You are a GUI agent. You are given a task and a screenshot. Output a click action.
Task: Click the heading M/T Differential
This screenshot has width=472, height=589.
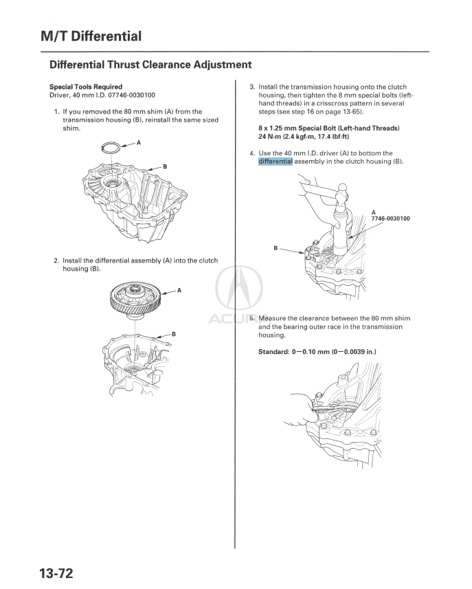(x=91, y=36)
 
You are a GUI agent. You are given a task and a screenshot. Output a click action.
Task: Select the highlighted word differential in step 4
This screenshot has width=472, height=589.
(x=276, y=162)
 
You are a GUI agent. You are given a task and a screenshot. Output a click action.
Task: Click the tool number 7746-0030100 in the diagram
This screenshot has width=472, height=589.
(x=390, y=219)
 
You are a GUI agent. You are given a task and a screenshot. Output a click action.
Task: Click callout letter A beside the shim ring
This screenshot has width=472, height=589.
(x=139, y=142)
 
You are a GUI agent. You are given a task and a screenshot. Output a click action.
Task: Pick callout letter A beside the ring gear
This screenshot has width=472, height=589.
(x=179, y=290)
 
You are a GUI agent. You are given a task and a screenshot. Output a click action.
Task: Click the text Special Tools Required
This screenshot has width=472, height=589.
(x=86, y=87)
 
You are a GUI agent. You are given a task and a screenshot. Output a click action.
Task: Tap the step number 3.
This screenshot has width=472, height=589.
(x=251, y=87)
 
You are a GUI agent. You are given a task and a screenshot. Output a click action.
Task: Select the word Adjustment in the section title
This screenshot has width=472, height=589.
(x=215, y=65)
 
